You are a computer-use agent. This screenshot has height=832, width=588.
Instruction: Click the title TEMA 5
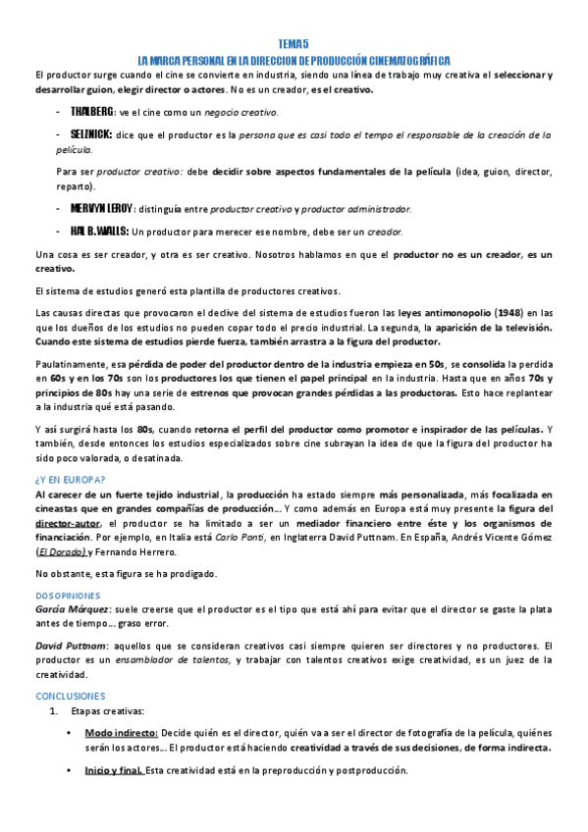tap(294, 44)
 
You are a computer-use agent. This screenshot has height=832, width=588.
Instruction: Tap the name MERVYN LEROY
tap(100, 208)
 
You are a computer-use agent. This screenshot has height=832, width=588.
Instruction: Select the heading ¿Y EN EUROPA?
tap(71, 480)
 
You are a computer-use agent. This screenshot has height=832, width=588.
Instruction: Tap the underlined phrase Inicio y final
tap(115, 770)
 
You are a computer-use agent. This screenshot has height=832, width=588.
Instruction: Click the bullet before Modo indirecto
tap(68, 733)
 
